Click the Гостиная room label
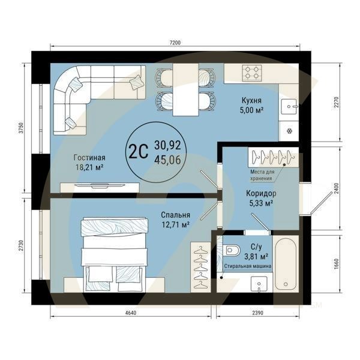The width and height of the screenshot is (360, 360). pos(90,157)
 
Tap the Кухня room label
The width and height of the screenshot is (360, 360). pos(251,100)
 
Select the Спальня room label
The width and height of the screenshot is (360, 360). pos(176,215)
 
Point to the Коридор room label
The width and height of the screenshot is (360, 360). pos(261,194)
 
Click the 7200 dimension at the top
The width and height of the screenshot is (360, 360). pos(175,43)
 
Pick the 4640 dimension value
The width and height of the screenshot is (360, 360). pos(130,313)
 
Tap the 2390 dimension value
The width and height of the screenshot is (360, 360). pos(257,313)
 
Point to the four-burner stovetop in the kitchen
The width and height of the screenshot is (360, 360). pos(252,73)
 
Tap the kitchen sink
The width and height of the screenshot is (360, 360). pos(289,107)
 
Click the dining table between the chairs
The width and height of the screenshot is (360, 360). pos(185,89)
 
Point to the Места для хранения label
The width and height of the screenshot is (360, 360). pos(262,175)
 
